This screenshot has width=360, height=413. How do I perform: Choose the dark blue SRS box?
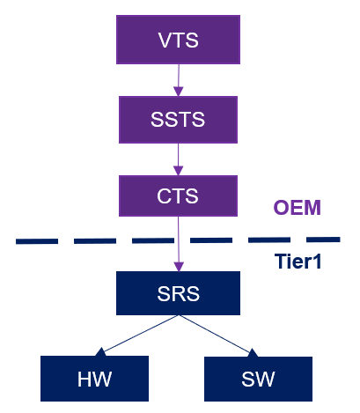(x=178, y=292)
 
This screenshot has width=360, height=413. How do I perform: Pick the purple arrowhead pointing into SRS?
(x=179, y=266)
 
